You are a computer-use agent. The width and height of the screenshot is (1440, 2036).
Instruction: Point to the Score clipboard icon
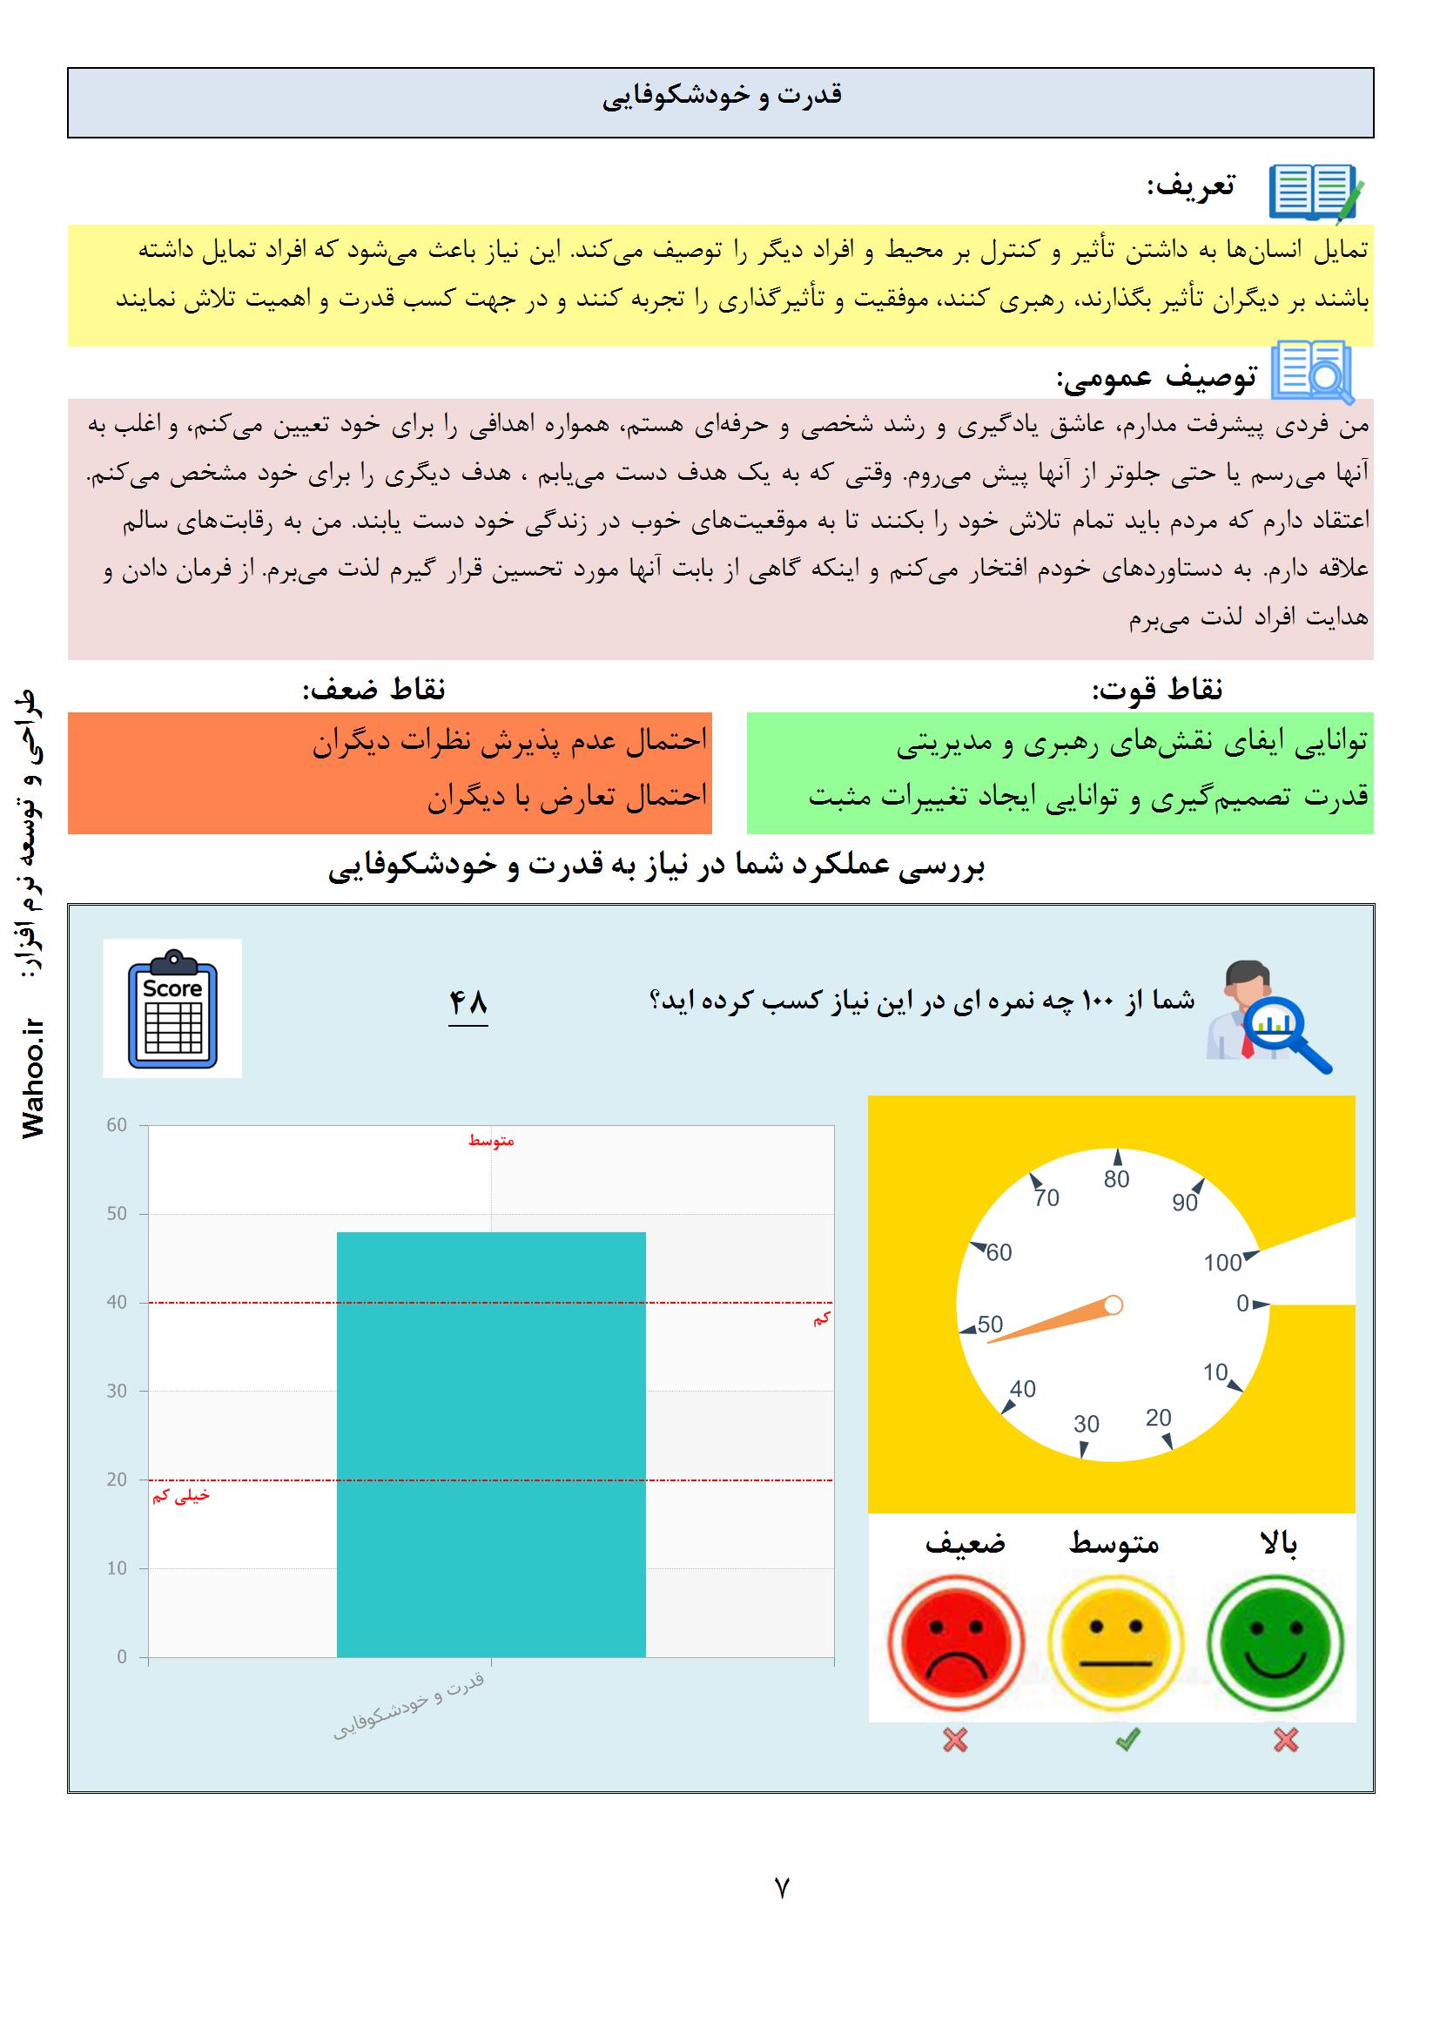point(173,1008)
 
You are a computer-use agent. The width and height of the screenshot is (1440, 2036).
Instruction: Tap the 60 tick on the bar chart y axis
point(117,1125)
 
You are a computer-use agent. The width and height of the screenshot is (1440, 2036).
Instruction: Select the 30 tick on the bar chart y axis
point(117,1392)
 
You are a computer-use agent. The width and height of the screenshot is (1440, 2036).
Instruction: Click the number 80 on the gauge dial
point(1116,1179)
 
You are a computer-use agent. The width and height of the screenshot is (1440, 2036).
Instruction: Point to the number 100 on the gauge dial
point(1222,1263)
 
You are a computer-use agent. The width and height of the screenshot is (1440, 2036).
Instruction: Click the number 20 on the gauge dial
point(1158,1418)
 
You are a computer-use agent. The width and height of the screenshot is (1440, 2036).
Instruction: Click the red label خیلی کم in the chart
point(181,1496)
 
